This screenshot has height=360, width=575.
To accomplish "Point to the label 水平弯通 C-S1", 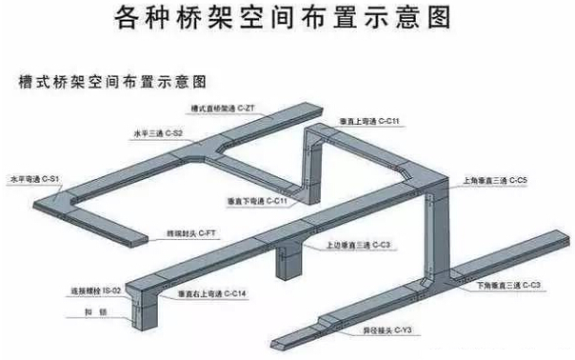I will click(34, 179).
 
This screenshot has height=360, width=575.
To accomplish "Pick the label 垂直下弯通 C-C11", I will click(256, 202).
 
